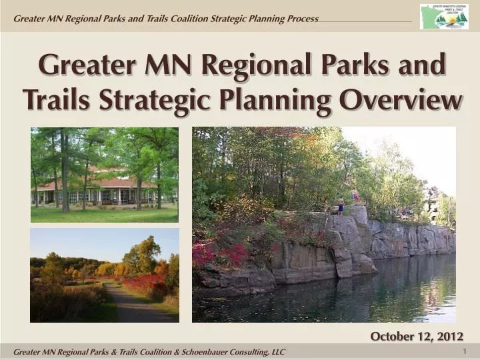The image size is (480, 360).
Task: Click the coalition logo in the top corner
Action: [443, 16]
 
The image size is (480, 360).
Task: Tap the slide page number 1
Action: [464, 351]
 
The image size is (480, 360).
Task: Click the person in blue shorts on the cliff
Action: [341, 206]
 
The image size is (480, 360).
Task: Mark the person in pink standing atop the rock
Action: [355, 196]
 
